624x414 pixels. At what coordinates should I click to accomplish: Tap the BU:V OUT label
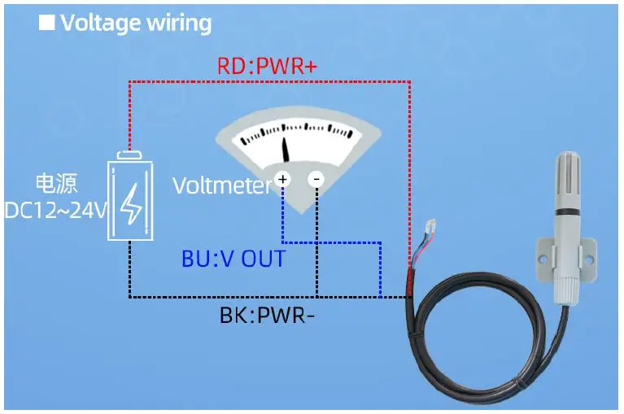[x=233, y=259]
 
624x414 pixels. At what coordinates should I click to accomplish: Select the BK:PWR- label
[x=267, y=315]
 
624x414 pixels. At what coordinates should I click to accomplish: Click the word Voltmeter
[x=220, y=186]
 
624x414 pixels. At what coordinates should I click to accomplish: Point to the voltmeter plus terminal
[x=282, y=178]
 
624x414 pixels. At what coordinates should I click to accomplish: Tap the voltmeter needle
[x=286, y=149]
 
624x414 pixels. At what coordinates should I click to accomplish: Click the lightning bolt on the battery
[x=130, y=204]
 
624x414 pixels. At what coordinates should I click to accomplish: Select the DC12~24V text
[x=55, y=211]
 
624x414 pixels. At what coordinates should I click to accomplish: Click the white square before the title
[x=47, y=22]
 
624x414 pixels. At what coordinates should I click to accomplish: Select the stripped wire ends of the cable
[x=425, y=241]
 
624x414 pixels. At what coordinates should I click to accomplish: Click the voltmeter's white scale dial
[x=297, y=134]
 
